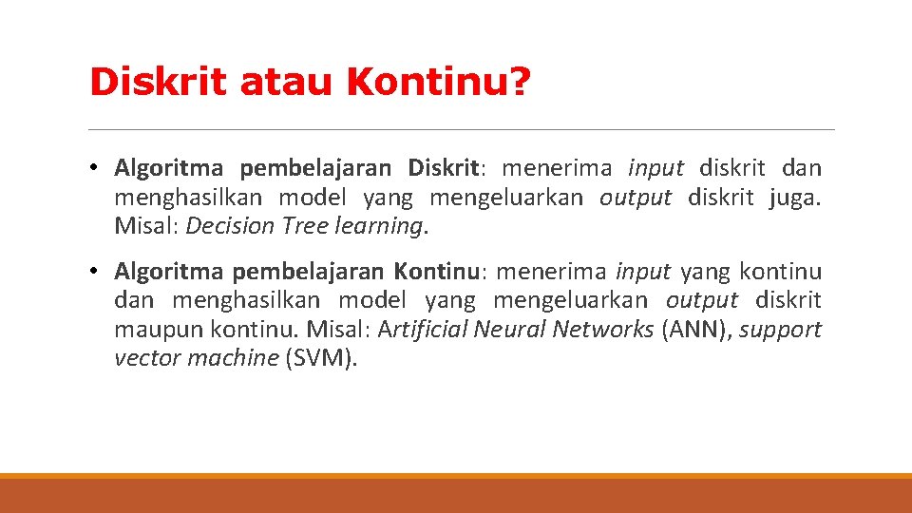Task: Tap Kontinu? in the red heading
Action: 439,82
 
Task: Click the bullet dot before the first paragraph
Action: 97,169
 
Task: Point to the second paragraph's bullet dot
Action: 97,272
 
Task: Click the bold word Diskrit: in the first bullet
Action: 446,169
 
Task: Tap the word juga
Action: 795,198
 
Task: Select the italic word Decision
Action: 228,226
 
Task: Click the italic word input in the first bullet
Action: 655,169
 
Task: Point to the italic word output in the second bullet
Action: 701,300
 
